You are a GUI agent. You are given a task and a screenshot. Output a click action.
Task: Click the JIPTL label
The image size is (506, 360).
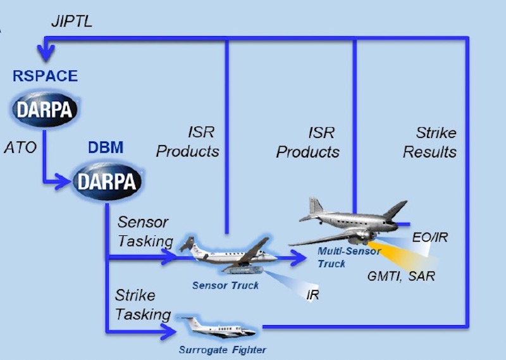[x=71, y=22]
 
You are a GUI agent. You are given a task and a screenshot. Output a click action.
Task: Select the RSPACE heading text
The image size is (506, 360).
[x=45, y=76]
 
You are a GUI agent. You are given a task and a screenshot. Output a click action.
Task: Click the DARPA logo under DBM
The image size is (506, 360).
[x=106, y=181]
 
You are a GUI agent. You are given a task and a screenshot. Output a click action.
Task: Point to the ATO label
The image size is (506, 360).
[x=20, y=147]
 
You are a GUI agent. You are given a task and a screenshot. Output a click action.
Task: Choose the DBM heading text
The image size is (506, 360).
[x=106, y=147]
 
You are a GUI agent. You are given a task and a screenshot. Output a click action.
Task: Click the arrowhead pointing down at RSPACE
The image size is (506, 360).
[x=46, y=53]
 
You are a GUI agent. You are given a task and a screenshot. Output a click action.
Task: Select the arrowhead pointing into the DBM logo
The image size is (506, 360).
[x=63, y=182]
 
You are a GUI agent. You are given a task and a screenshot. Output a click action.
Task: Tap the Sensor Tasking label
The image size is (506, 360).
[x=145, y=232]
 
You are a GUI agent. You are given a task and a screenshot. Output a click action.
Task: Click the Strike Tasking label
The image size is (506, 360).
[x=143, y=305]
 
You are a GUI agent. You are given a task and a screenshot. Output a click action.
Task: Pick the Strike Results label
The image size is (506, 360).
[x=430, y=142]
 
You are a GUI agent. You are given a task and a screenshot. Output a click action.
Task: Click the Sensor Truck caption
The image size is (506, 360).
[x=225, y=285]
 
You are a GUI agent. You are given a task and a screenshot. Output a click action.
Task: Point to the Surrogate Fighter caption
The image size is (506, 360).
[x=223, y=350]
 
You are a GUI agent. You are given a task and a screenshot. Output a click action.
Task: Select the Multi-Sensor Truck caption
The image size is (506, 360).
[x=349, y=258]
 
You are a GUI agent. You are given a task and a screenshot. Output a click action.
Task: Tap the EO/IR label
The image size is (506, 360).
[x=430, y=238]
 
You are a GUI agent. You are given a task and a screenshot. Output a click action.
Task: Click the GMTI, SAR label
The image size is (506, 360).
[x=401, y=276]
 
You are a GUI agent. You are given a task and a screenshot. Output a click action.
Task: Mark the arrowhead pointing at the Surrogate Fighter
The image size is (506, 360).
[x=168, y=332]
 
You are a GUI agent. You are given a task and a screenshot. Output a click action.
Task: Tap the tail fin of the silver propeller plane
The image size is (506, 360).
[x=316, y=206]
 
